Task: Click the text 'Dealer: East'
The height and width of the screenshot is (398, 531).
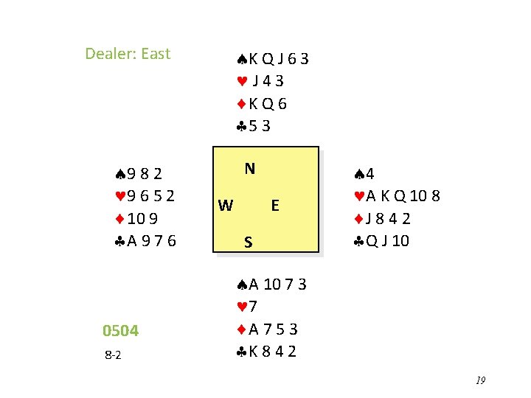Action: (x=128, y=54)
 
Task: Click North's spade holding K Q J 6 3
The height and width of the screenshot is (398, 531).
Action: (x=272, y=59)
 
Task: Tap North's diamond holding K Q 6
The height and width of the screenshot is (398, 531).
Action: (x=262, y=104)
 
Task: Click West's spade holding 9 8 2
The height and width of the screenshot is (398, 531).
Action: (x=134, y=174)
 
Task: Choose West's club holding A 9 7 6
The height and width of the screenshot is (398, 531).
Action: (x=142, y=241)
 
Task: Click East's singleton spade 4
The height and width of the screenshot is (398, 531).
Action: (x=365, y=174)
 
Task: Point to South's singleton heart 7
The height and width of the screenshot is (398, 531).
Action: (x=247, y=307)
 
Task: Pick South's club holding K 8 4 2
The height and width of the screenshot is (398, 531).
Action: (x=267, y=352)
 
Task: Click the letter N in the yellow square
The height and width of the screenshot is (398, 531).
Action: (x=250, y=169)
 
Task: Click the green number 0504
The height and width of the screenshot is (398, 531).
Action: (x=121, y=331)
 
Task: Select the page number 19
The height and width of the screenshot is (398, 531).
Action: (x=480, y=380)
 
